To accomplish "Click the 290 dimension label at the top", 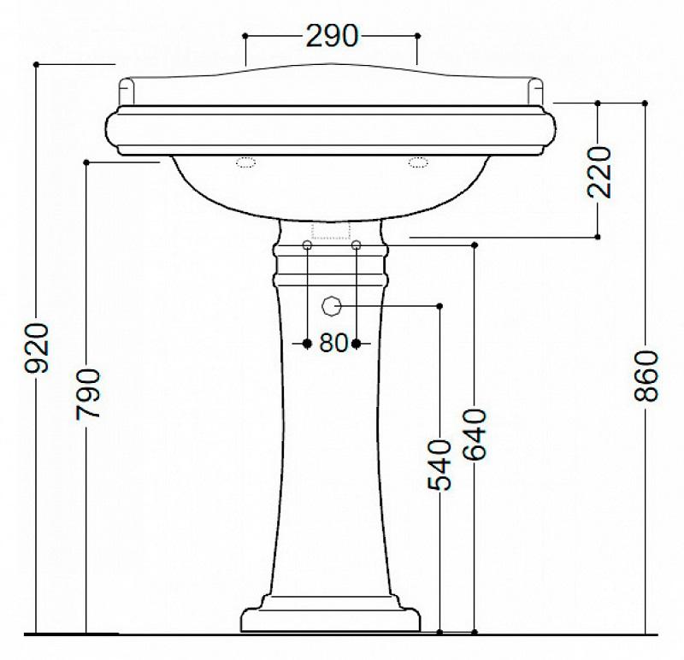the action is (x=332, y=36).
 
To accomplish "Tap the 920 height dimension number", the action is (x=36, y=348).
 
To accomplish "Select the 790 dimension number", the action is (x=87, y=394).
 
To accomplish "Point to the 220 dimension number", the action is (x=599, y=172).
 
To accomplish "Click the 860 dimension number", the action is (x=646, y=375).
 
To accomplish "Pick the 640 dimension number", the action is (x=475, y=434).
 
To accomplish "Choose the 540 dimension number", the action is (x=439, y=465).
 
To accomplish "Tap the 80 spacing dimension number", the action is (x=333, y=343).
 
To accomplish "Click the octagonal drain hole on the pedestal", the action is (x=331, y=306).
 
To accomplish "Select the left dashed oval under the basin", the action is (x=246, y=162).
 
